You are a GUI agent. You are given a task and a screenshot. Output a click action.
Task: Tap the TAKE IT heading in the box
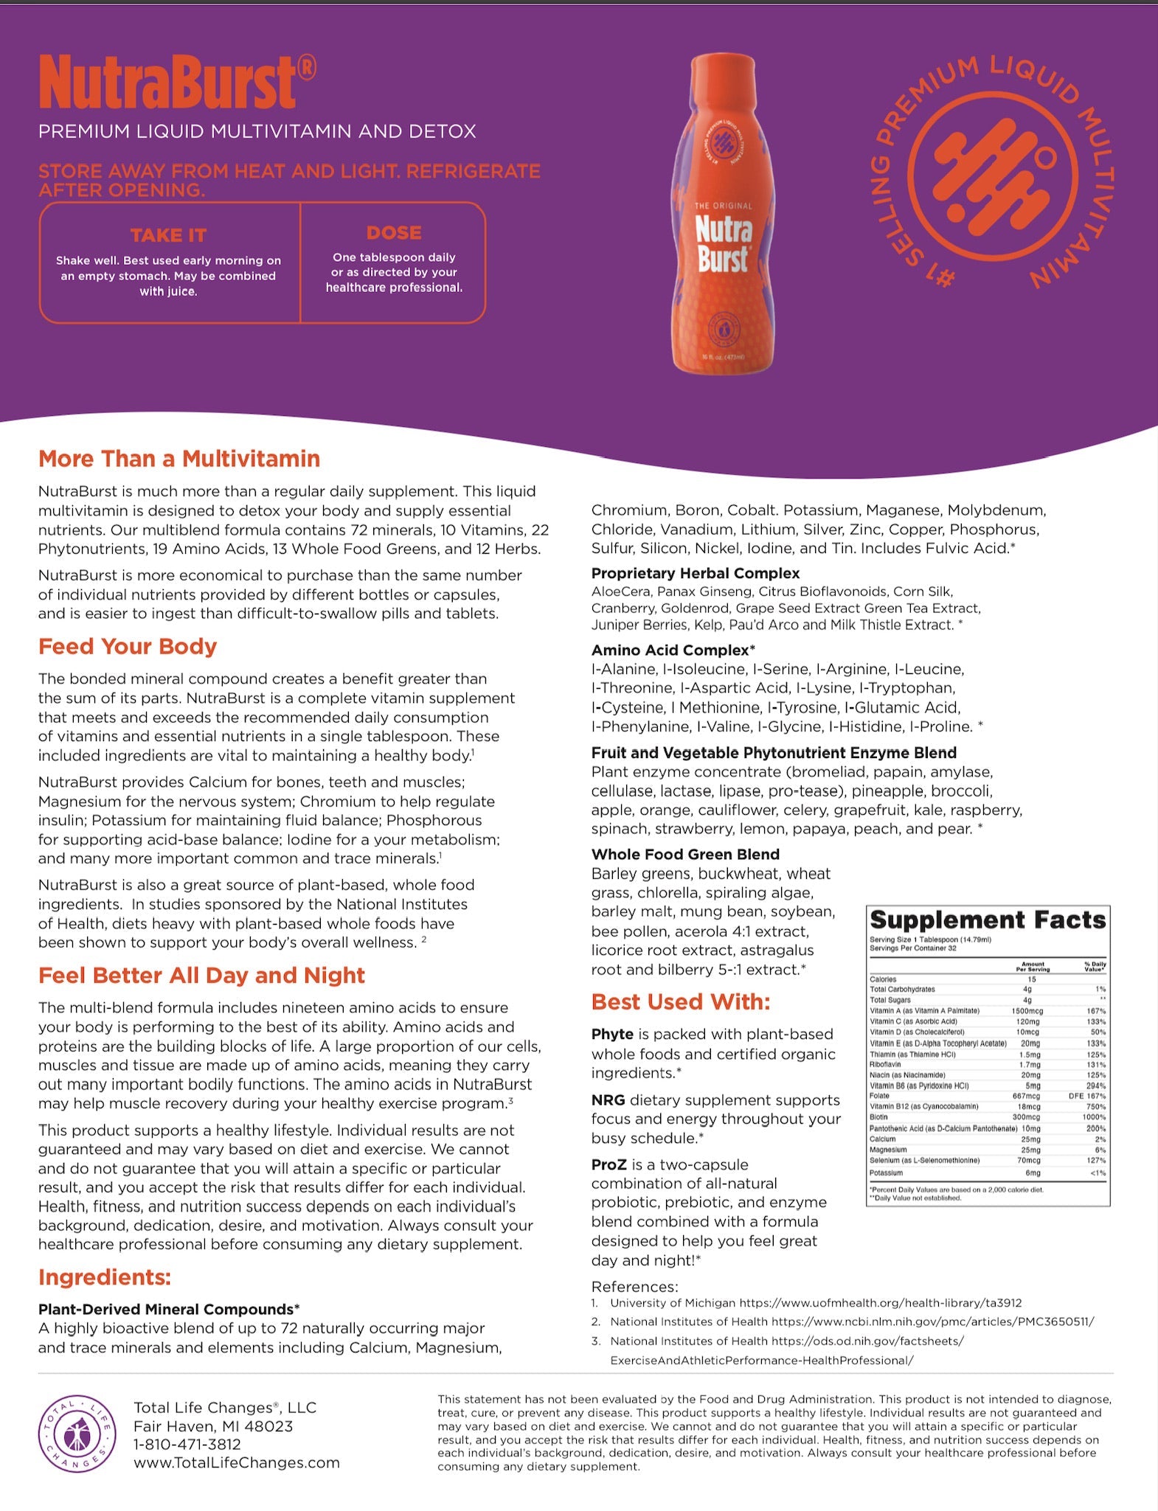click(x=168, y=235)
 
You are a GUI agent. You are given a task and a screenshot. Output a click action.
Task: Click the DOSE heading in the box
click(x=394, y=233)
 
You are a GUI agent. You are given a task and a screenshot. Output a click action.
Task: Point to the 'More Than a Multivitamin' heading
click(x=179, y=459)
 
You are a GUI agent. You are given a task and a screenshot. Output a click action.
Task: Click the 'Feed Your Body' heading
click(x=128, y=647)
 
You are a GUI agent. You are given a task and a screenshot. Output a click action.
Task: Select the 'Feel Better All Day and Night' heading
click(x=201, y=976)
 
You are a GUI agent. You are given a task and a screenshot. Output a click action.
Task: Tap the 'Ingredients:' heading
click(x=105, y=1277)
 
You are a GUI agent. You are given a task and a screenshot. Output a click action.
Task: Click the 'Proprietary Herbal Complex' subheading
click(x=695, y=573)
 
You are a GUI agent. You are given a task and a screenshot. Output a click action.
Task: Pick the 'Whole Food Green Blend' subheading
click(x=685, y=854)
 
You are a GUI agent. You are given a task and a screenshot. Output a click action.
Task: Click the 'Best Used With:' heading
click(x=680, y=1001)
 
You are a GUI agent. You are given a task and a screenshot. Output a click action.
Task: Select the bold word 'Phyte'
click(x=612, y=1035)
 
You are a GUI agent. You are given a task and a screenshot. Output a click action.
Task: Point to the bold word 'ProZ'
click(x=609, y=1164)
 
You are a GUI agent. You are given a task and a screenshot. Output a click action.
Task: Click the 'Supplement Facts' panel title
click(x=988, y=920)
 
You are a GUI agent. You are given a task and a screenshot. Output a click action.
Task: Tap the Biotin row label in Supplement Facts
click(x=878, y=1117)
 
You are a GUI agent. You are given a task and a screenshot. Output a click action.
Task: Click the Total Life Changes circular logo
click(x=77, y=1434)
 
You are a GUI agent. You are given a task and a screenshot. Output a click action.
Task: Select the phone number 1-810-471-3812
click(x=187, y=1445)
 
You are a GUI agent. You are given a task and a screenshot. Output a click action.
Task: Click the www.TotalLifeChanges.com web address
click(x=236, y=1463)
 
